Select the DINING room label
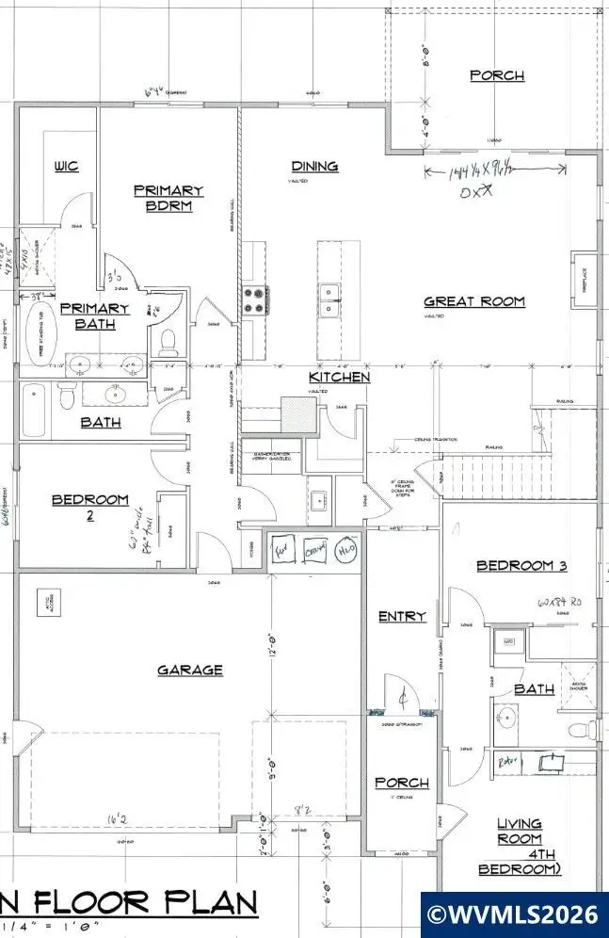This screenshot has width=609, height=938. click(x=314, y=167)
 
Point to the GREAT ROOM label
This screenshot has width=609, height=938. click(x=473, y=302)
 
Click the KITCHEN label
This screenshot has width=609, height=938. click(x=339, y=378)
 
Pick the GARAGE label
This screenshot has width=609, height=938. click(x=190, y=670)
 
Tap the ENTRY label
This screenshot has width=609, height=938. click(x=402, y=616)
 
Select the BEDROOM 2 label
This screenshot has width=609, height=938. click(x=89, y=507)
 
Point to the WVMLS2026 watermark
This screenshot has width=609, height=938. click(x=514, y=914)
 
